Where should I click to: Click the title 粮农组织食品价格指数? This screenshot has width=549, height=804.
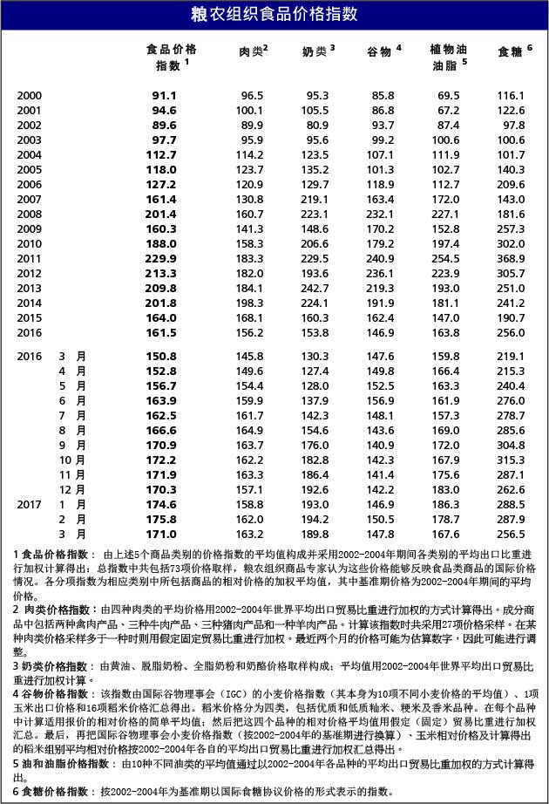(x=274, y=14)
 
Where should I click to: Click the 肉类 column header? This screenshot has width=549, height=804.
(x=251, y=51)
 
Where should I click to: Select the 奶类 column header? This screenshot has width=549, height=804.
(x=316, y=51)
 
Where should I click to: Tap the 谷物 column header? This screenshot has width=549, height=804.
(x=381, y=51)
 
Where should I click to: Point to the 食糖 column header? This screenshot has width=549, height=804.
(x=511, y=51)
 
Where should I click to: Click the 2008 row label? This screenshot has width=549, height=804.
(x=29, y=214)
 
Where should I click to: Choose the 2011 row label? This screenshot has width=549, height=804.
(x=29, y=258)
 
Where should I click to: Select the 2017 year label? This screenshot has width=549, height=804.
(x=29, y=504)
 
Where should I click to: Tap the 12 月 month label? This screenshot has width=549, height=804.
(x=73, y=489)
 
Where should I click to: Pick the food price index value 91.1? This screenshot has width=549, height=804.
(x=164, y=95)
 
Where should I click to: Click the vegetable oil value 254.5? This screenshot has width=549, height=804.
(x=445, y=258)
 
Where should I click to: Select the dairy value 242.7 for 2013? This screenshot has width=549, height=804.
(x=316, y=288)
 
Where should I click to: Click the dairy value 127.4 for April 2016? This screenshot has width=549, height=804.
(x=316, y=371)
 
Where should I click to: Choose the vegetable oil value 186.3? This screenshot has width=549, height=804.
(x=445, y=504)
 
